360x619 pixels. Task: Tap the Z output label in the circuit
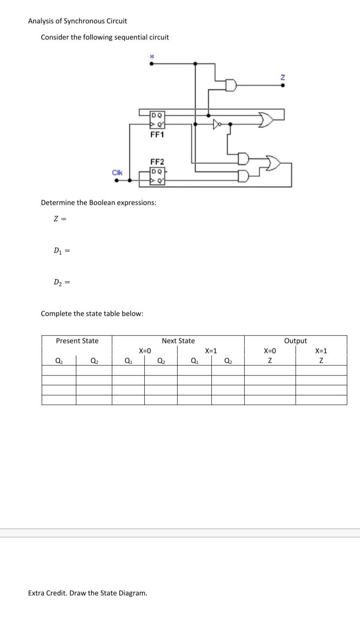coord(283,77)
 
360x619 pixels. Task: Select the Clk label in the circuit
coord(117,172)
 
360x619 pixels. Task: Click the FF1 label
coord(157,135)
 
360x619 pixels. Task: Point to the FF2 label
coord(157,162)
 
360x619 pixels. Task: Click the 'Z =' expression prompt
coord(60,219)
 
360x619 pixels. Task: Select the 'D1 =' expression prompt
coord(61,250)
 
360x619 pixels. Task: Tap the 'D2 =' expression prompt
coord(61,282)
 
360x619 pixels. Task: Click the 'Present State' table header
coord(77,341)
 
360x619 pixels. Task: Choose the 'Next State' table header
coord(178,341)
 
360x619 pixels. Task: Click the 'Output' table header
coord(296,341)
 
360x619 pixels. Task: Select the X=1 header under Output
coord(321,351)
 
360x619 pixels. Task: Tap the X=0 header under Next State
coord(145,351)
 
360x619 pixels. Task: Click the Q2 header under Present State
coord(94,361)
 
